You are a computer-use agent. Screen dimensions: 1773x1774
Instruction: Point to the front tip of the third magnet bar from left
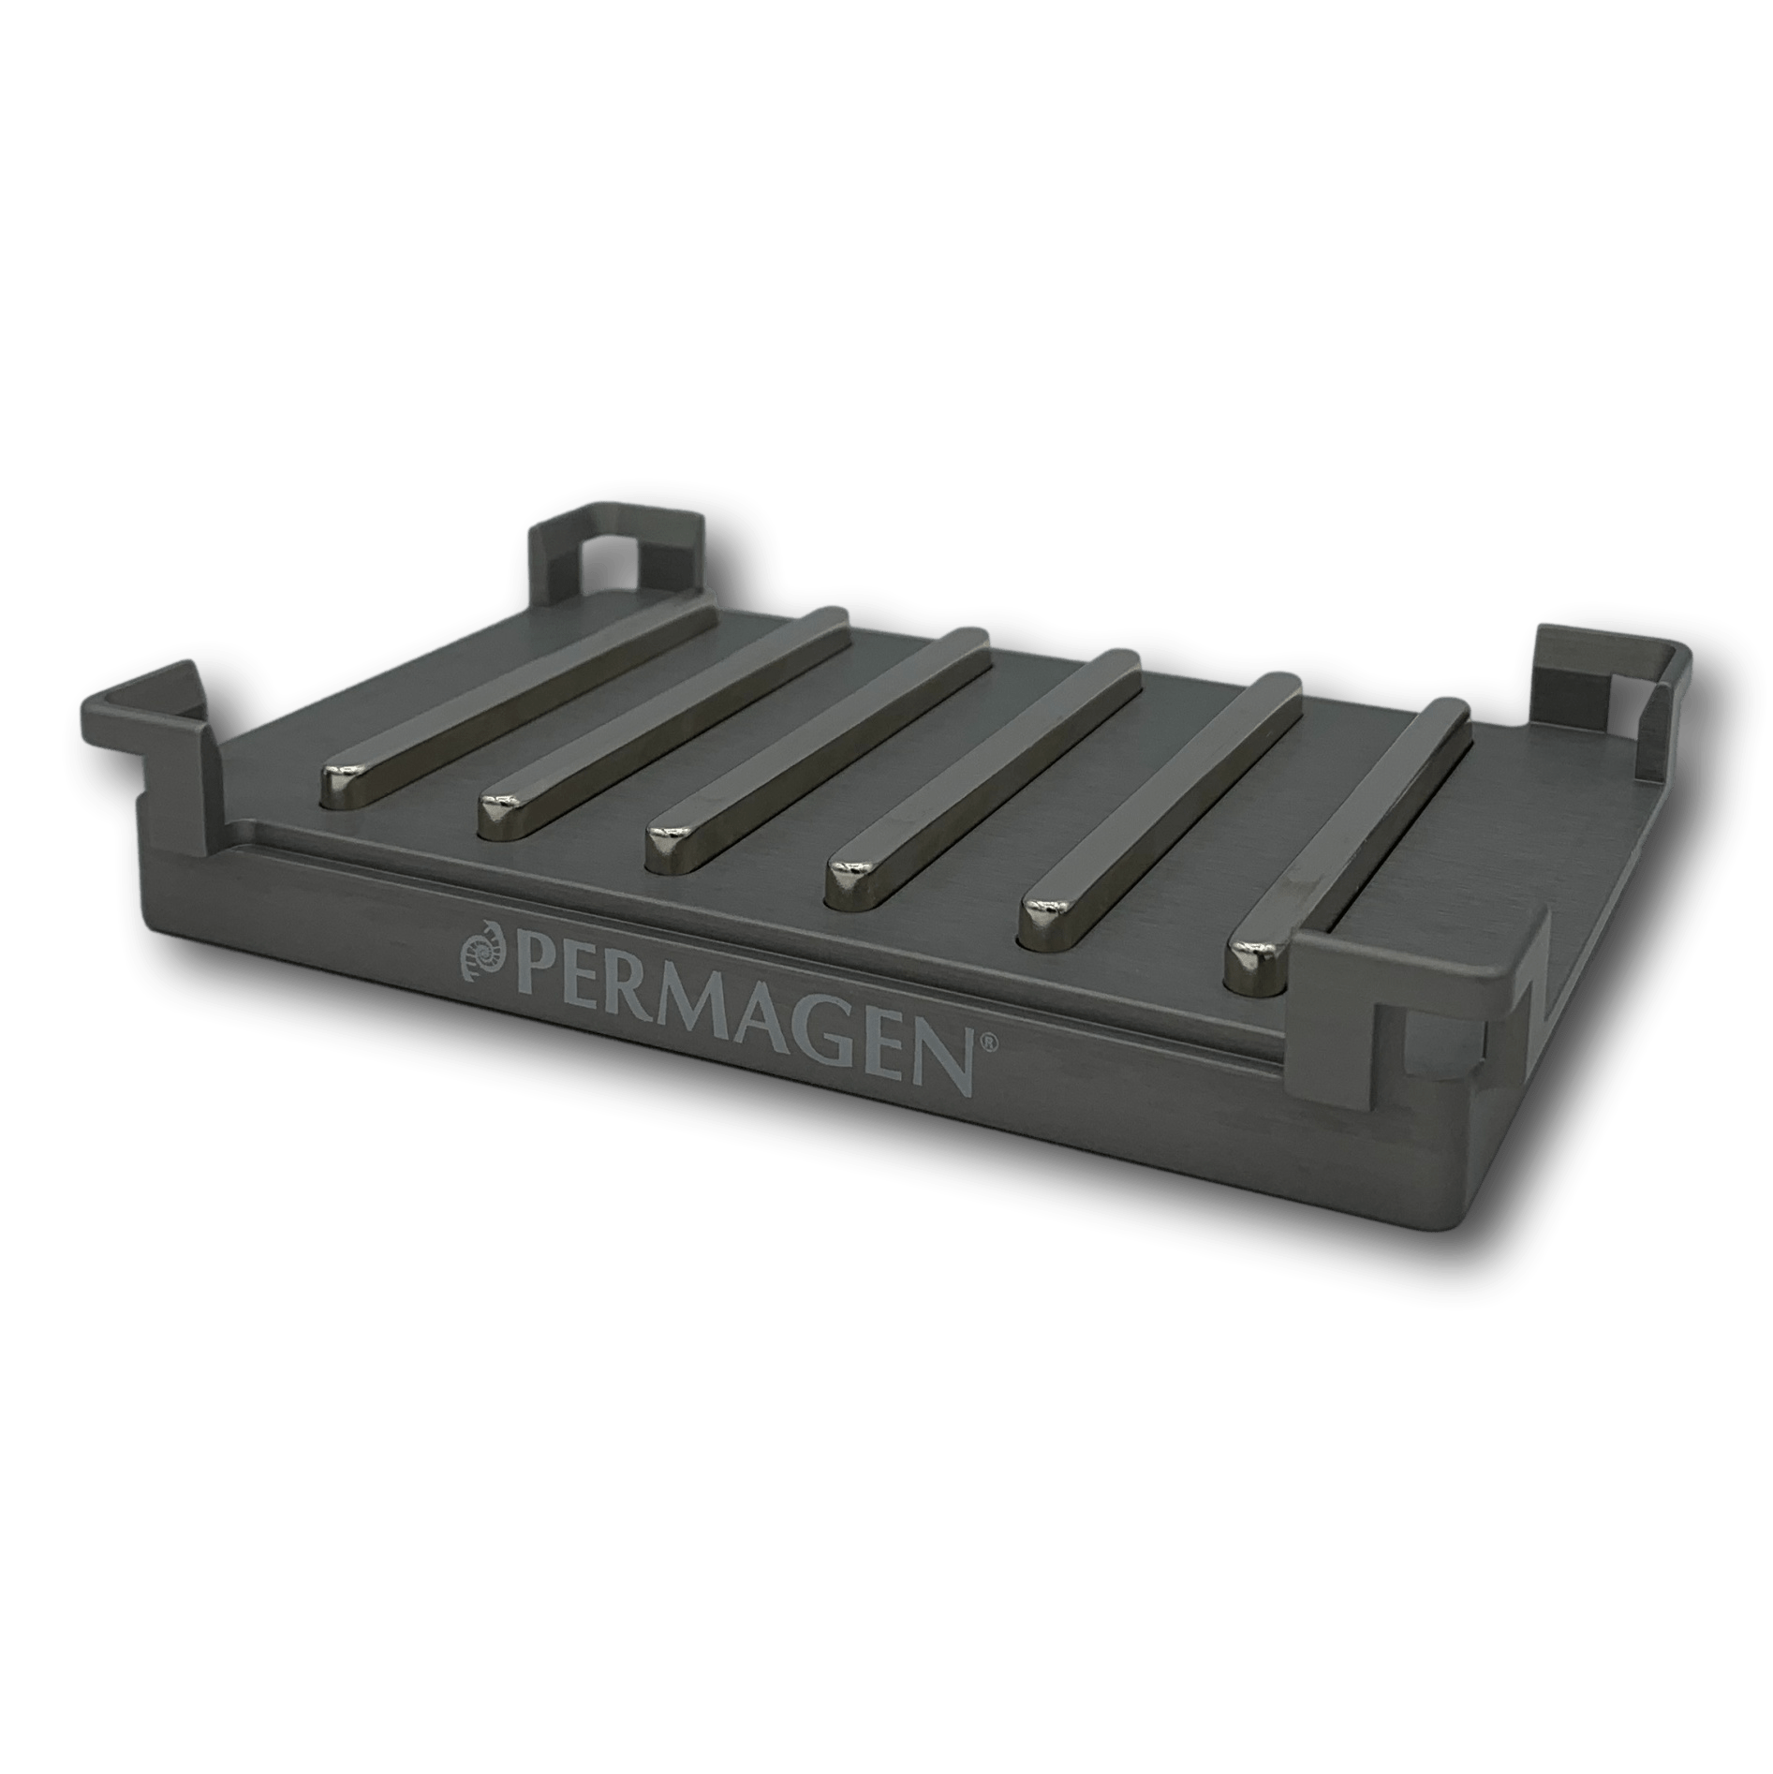(x=671, y=829)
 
